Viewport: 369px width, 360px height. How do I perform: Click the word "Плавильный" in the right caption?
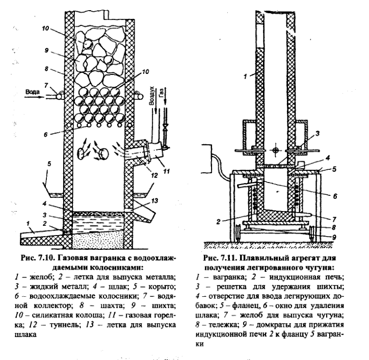point(267,259)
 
